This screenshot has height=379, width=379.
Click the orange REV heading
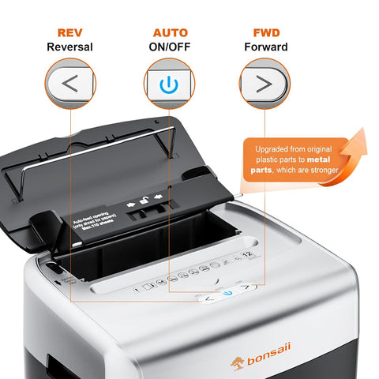pos(69,32)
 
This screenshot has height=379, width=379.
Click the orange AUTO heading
pos(170,32)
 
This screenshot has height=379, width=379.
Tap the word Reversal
pos(69,47)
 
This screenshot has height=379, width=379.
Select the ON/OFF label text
pos(170,47)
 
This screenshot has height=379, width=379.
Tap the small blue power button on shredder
pos(228,292)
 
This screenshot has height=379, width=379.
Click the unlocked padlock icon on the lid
pos(143,203)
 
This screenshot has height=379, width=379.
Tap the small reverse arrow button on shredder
pos(209,298)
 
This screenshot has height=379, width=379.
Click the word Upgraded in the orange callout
pos(274,148)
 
